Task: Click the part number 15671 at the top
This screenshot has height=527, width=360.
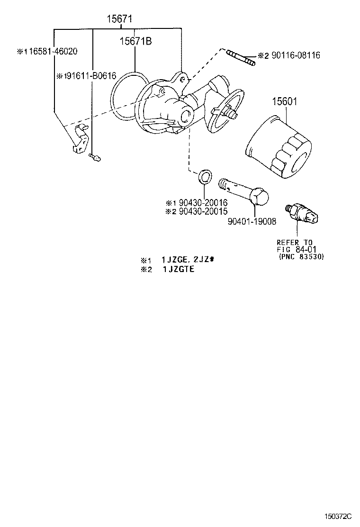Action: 118,19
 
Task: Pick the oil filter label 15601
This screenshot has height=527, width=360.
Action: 284,101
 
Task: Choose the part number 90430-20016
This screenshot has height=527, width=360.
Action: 200,203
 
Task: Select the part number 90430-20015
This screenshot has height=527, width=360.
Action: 200,211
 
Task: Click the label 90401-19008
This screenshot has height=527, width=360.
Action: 252,221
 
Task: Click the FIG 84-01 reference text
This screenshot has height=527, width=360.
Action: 297,249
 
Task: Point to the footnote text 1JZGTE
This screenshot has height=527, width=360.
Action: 179,269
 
